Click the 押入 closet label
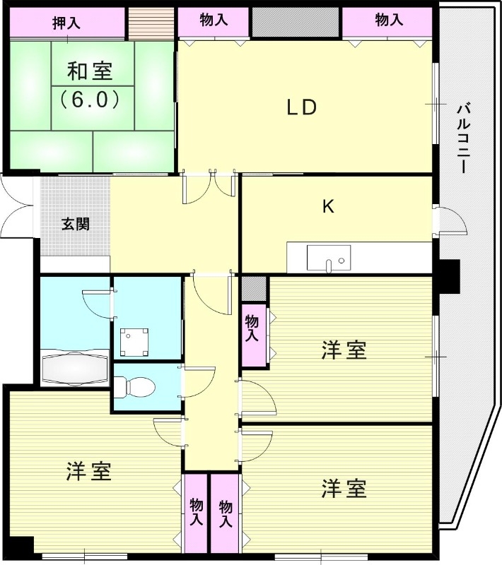pyautogui.click(x=66, y=23)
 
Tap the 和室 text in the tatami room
pyautogui.click(x=89, y=71)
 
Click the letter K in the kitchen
pyautogui.click(x=328, y=207)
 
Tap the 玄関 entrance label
pyautogui.click(x=75, y=225)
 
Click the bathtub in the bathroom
pyautogui.click(x=74, y=367)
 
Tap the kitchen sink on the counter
pyautogui.click(x=328, y=258)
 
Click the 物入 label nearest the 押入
pyautogui.click(x=214, y=21)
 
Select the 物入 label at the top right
pyautogui.click(x=389, y=21)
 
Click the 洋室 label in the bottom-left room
pyautogui.click(x=89, y=472)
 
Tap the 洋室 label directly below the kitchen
pyautogui.click(x=344, y=350)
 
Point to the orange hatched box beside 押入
pyautogui.click(x=151, y=23)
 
